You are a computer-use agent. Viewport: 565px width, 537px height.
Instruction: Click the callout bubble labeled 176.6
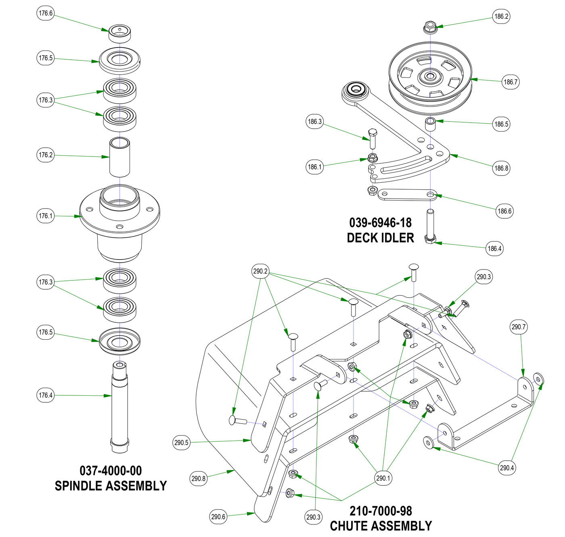[46, 13]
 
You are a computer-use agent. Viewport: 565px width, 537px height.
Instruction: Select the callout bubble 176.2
[46, 155]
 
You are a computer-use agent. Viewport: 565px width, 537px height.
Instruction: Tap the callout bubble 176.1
[46, 216]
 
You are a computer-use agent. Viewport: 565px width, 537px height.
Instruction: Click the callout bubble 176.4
[46, 395]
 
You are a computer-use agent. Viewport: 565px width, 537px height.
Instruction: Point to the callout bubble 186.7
[510, 82]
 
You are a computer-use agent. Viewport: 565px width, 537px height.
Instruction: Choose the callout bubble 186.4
[494, 249]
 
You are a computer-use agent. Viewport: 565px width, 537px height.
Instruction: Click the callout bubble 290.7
[519, 327]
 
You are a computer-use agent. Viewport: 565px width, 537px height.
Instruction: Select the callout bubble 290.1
[383, 478]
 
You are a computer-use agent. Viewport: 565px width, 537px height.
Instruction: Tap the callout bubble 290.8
[198, 479]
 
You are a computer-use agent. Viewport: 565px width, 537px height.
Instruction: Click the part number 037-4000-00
[111, 471]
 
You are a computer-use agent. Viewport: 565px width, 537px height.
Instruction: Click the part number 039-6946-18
[380, 223]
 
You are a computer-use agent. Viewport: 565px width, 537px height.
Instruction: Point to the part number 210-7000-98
[381, 511]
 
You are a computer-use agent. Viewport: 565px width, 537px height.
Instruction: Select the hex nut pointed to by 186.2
[430, 28]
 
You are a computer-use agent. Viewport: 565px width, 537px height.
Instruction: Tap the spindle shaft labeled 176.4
[119, 403]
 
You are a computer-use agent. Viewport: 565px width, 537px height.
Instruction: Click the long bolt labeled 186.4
[430, 226]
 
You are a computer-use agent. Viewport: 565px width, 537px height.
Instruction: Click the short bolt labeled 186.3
[372, 138]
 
